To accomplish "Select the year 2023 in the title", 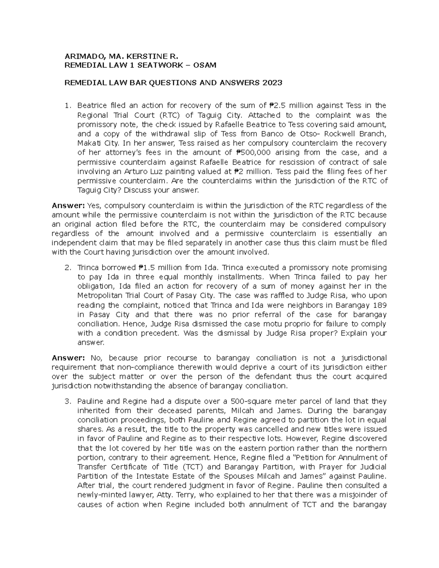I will (x=272, y=83).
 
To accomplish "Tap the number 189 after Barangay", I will (x=379, y=305).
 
